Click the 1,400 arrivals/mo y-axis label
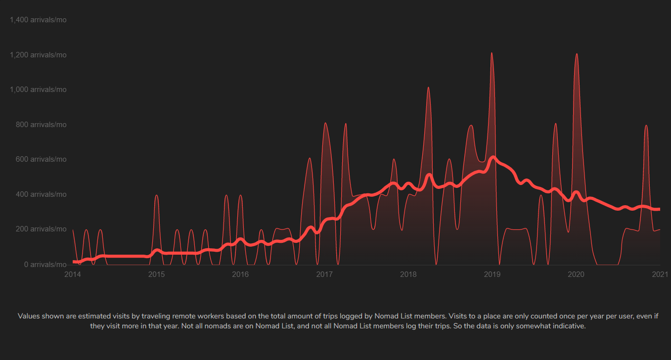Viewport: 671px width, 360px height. pyautogui.click(x=38, y=20)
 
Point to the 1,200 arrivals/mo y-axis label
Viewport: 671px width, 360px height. pyautogui.click(x=38, y=55)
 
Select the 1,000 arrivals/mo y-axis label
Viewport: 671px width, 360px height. pyautogui.click(x=38, y=90)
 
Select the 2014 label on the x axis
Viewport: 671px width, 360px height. pyautogui.click(x=73, y=274)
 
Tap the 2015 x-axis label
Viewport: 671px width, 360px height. pyautogui.click(x=156, y=274)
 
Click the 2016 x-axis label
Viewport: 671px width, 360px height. pyautogui.click(x=240, y=274)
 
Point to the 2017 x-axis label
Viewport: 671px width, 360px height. pyautogui.click(x=324, y=274)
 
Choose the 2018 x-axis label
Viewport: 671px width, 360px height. pyautogui.click(x=408, y=274)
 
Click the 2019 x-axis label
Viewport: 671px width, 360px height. pyautogui.click(x=492, y=274)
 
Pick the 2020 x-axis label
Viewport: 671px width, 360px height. pyautogui.click(x=576, y=274)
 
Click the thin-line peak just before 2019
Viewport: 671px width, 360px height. pyautogui.click(x=492, y=53)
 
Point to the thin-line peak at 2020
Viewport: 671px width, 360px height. pyautogui.click(x=577, y=54)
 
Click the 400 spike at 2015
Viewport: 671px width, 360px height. pyautogui.click(x=156, y=195)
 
